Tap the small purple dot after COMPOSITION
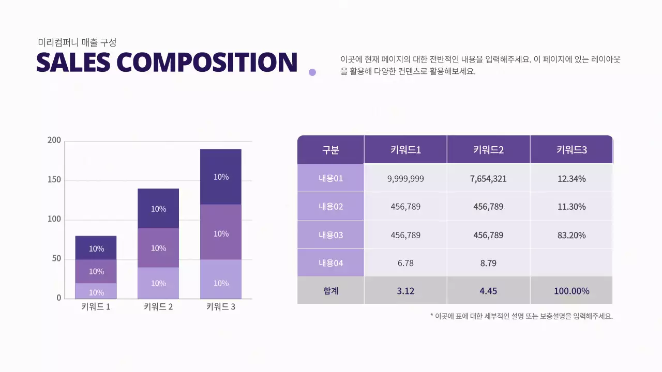pyautogui.click(x=312, y=72)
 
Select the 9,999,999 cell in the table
pyautogui.click(x=405, y=179)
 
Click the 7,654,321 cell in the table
pyautogui.click(x=488, y=179)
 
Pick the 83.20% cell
pyautogui.click(x=571, y=235)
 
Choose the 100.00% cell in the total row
pyautogui.click(x=571, y=291)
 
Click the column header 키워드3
pyautogui.click(x=571, y=150)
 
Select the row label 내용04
pyautogui.click(x=331, y=263)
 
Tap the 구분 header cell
pyautogui.click(x=331, y=150)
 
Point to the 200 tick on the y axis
pyautogui.click(x=54, y=141)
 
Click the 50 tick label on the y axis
pyautogui.click(x=56, y=258)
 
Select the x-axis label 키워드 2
pyautogui.click(x=158, y=307)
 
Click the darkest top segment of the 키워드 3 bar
pyautogui.click(x=221, y=177)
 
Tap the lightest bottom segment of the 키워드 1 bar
pyautogui.click(x=96, y=291)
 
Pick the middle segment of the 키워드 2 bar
pyautogui.click(x=158, y=248)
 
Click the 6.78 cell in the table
pyautogui.click(x=405, y=263)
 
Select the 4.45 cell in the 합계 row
pyautogui.click(x=488, y=291)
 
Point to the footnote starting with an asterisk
pyautogui.click(x=521, y=316)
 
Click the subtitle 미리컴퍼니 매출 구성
pyautogui.click(x=78, y=42)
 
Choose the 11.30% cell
pyautogui.click(x=571, y=207)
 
